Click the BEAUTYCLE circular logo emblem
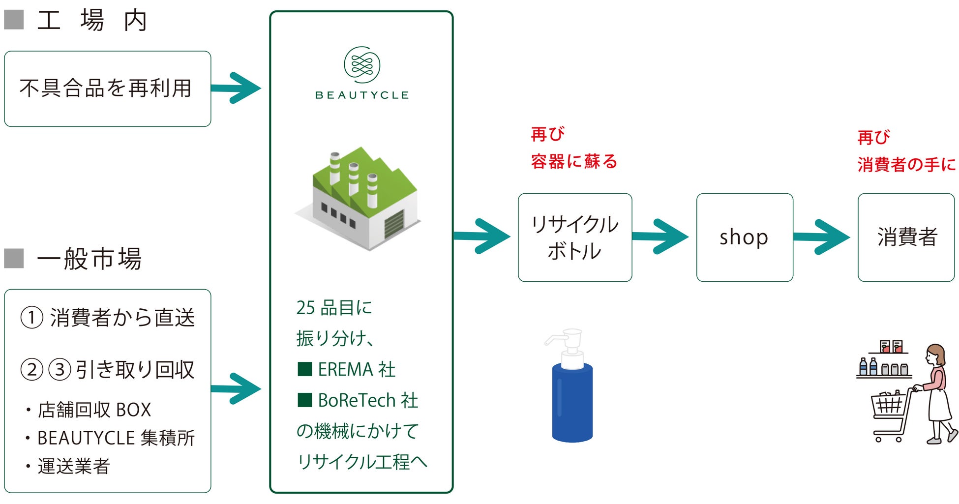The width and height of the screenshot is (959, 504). tap(362, 64)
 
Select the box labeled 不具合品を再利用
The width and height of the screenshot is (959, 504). tap(107, 89)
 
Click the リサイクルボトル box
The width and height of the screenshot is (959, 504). tap(574, 237)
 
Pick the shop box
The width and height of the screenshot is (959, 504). tap(744, 237)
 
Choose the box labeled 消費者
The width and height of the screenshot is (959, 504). tap(906, 237)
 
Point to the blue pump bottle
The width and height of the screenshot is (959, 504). tap(572, 401)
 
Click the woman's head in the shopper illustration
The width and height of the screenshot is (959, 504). tap(935, 354)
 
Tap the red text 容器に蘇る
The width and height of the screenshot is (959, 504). tap(573, 162)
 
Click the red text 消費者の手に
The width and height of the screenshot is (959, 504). tap(906, 164)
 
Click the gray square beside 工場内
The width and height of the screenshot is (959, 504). tap(14, 20)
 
